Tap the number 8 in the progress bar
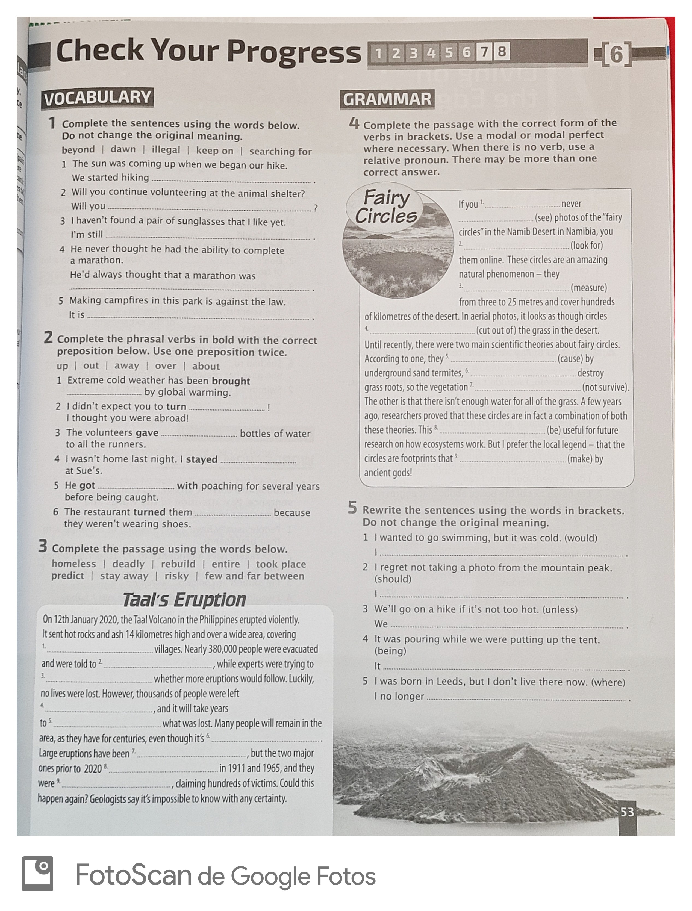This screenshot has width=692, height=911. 501,52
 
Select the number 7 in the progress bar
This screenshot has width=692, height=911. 484,52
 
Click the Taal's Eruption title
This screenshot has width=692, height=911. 184,600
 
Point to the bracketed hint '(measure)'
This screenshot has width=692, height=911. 589,287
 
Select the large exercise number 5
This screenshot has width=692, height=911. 352,508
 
